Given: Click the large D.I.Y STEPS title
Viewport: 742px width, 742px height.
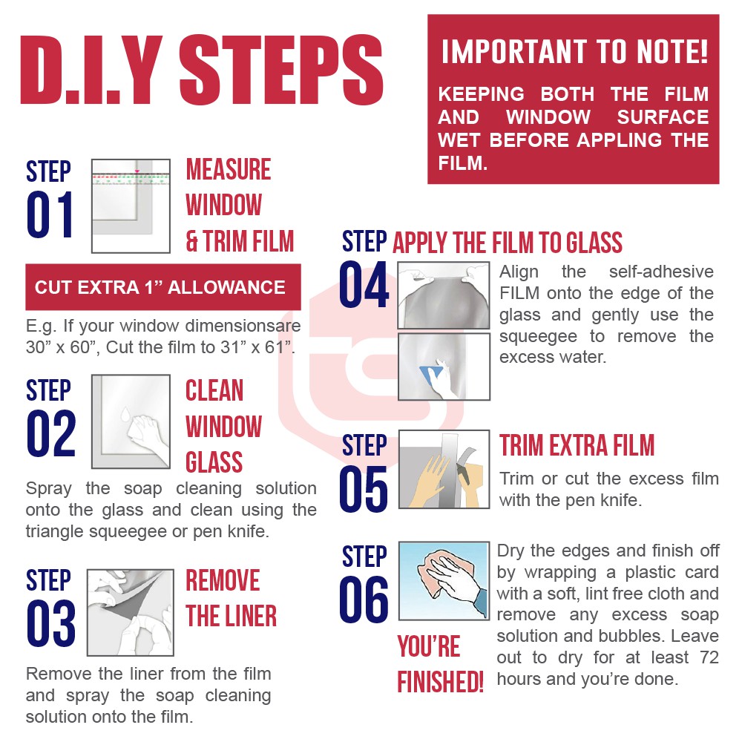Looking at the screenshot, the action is [202, 69].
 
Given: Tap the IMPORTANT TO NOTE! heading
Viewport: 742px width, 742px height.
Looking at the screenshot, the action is [574, 52].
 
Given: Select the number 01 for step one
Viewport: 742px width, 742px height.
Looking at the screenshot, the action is [50, 214].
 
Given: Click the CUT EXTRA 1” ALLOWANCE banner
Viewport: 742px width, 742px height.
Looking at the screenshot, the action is [162, 287].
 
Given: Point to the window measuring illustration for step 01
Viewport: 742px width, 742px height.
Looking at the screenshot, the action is [131, 206].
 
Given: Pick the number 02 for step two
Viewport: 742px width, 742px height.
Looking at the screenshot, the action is [51, 433].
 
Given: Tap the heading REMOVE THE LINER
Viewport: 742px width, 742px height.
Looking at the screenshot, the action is [231, 598].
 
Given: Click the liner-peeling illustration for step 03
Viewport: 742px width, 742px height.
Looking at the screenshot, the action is [131, 612].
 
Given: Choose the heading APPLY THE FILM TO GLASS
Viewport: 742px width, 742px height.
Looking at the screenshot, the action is [508, 243].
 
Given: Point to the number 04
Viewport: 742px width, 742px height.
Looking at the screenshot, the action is [364, 284].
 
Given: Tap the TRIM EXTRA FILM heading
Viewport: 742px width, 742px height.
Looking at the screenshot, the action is [577, 445].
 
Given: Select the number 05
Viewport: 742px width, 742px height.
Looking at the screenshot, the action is [364, 489].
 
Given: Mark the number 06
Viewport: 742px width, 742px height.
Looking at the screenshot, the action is [364, 600].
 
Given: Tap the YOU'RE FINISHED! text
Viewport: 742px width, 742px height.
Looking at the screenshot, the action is [440, 664].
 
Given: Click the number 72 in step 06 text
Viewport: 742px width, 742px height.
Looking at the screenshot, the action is [709, 657].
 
